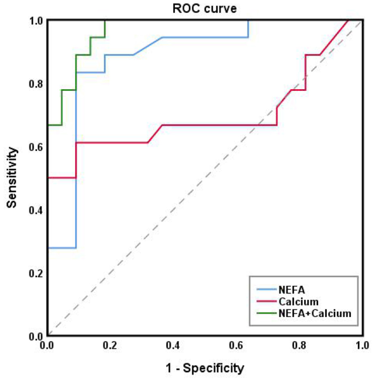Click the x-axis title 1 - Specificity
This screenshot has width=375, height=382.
pos(205,368)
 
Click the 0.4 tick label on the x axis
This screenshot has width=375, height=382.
pos(173,345)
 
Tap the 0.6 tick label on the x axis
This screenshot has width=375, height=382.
pos(237,345)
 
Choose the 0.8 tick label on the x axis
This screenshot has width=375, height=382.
pos(299,345)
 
